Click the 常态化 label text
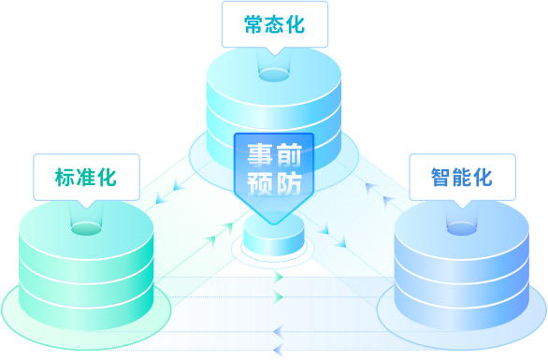point(274,24)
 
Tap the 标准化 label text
point(86,178)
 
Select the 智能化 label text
point(462,178)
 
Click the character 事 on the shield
point(260,155)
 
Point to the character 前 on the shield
point(289,155)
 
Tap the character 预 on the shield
point(260,182)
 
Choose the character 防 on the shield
point(289,182)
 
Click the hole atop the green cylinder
point(86,229)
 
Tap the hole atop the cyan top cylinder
point(274,75)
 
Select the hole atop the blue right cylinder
point(462,229)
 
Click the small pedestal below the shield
point(274,236)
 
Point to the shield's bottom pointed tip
point(275,224)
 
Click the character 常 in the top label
point(254,24)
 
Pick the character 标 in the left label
point(65,178)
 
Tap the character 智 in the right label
point(441,178)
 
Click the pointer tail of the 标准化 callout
point(86,205)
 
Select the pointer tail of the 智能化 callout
point(462,205)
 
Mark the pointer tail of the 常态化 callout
point(275,51)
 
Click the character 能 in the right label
point(462,178)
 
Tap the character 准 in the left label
point(86,178)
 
